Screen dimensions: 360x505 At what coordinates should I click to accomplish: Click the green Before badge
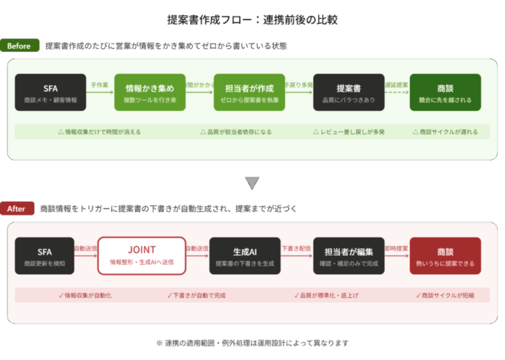(19, 45)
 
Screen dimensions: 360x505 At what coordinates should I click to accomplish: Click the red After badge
(17, 208)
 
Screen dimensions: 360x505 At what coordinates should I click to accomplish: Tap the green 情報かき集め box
(150, 92)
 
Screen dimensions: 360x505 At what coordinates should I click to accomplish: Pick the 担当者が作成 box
(250, 92)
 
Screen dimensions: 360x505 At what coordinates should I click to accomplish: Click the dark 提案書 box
(349, 92)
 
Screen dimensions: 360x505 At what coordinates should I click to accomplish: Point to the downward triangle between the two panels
(252, 183)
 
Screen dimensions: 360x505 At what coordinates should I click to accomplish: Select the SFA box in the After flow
(45, 256)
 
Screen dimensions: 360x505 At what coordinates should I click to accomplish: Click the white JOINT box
(142, 256)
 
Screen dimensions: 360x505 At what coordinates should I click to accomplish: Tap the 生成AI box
(245, 256)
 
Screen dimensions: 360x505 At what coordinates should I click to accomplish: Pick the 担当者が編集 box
(349, 256)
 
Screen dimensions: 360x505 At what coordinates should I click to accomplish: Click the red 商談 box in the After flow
(445, 256)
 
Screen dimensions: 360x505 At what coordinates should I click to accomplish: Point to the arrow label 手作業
(100, 85)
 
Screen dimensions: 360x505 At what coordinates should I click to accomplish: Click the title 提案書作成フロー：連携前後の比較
(252, 19)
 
